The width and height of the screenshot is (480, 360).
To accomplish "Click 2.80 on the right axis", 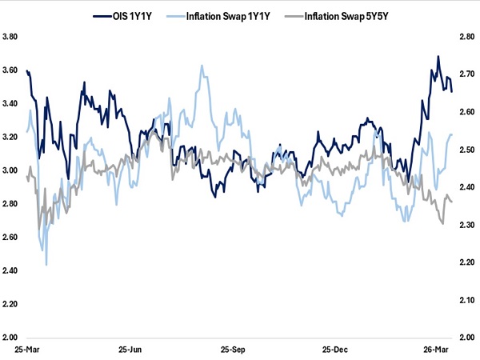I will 465,37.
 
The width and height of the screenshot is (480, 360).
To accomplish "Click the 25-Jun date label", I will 132,350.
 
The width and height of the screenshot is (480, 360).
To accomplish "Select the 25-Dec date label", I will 334,350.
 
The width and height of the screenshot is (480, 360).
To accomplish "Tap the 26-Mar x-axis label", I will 437,350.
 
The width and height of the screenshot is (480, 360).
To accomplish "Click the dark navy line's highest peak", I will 438,56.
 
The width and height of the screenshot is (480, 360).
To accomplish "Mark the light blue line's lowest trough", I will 46,264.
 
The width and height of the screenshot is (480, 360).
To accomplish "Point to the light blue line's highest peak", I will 202,66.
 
